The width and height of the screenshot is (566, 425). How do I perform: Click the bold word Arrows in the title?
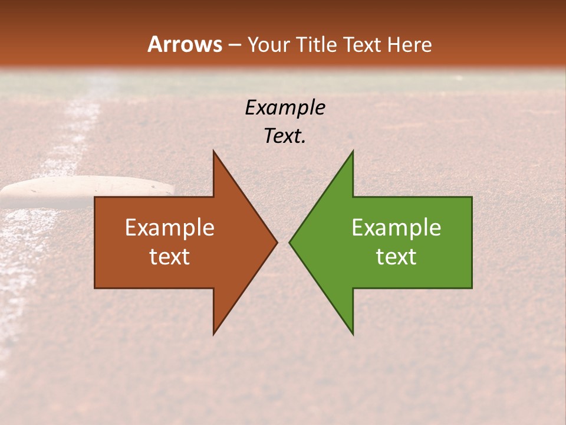(185, 44)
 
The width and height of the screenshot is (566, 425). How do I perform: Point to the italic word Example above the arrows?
(285, 108)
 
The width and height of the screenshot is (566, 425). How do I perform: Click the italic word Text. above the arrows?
(285, 136)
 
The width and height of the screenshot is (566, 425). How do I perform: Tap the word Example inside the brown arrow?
(169, 228)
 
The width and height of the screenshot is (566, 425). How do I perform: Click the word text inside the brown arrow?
(169, 257)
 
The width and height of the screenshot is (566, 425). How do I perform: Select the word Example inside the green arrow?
(396, 228)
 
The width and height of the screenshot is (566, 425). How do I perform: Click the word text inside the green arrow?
(396, 257)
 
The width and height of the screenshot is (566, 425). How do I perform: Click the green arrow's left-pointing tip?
(290, 242)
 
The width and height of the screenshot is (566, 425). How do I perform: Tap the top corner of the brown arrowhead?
(214, 152)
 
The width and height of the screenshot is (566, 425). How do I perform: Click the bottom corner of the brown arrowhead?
(214, 333)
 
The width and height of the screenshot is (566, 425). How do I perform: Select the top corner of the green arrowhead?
(353, 152)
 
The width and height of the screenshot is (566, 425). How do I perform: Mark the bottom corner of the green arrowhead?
(353, 333)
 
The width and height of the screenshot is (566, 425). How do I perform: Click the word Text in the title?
(361, 45)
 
